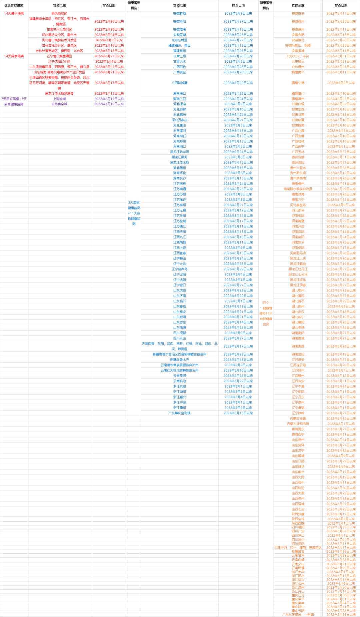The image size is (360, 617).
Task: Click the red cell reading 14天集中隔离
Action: point(14,13)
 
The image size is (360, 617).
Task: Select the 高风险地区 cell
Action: point(59,13)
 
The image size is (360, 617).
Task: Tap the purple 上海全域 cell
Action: point(59,99)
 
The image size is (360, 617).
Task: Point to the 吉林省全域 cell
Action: point(59,104)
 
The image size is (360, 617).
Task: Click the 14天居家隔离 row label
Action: point(14,56)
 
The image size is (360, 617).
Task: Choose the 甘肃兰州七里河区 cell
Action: point(59,29)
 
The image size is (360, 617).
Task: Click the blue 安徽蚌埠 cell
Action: point(179,13)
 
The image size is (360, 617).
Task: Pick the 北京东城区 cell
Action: point(179,40)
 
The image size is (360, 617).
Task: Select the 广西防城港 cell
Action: point(179,83)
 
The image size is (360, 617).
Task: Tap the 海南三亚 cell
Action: point(179,99)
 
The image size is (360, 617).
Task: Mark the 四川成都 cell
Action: point(179,333)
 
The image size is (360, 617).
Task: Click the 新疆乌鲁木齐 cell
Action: point(179,360)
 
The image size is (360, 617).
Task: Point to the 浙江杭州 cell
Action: point(179,386)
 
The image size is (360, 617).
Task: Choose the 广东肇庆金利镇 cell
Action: point(179,413)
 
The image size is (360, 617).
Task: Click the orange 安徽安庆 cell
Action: point(298,13)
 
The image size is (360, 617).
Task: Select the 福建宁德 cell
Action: point(298,83)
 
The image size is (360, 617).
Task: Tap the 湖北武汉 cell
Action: point(298,312)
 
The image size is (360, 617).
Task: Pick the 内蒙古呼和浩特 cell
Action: point(298,424)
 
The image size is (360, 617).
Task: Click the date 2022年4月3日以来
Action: point(341,306)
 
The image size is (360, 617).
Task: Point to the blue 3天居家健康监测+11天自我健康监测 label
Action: point(134,213)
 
